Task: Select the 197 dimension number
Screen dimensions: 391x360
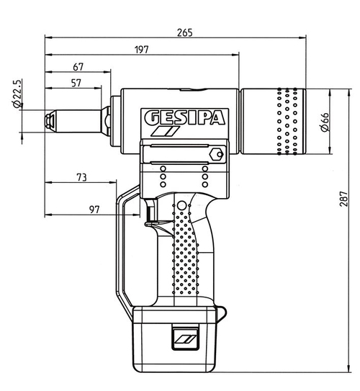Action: tap(141, 49)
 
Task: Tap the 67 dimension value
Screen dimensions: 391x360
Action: tap(78, 67)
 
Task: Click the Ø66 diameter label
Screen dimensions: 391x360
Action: tap(323, 122)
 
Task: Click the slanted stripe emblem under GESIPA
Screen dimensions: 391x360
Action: tap(164, 133)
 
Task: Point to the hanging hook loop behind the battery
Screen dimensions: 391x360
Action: tap(220, 313)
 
